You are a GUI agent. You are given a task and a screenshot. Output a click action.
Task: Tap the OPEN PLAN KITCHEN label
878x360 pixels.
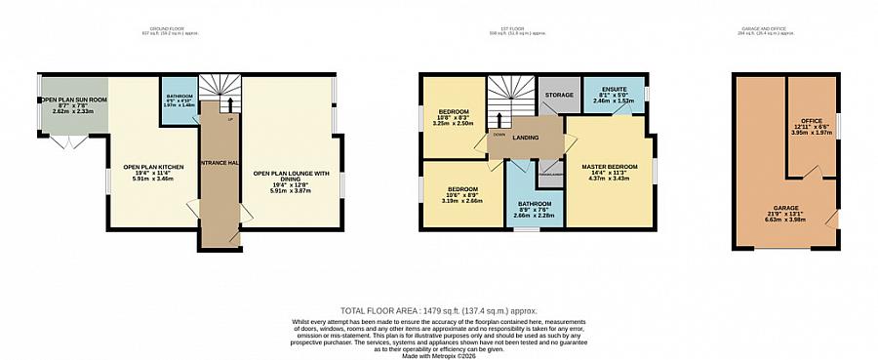pyautogui.click(x=147, y=166)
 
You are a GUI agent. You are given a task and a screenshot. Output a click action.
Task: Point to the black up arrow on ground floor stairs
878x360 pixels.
pyautogui.click(x=230, y=102)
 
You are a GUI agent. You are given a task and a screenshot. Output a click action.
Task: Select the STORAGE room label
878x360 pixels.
pyautogui.click(x=559, y=95)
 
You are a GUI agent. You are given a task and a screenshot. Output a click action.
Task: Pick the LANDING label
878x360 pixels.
pyautogui.click(x=527, y=138)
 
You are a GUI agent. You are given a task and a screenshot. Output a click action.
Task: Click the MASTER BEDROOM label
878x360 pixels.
pyautogui.click(x=610, y=166)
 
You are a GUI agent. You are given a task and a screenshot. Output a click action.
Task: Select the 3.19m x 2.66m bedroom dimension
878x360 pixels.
pyautogui.click(x=462, y=200)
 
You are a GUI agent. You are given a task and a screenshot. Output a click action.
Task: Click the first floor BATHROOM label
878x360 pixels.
pyautogui.click(x=535, y=203)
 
